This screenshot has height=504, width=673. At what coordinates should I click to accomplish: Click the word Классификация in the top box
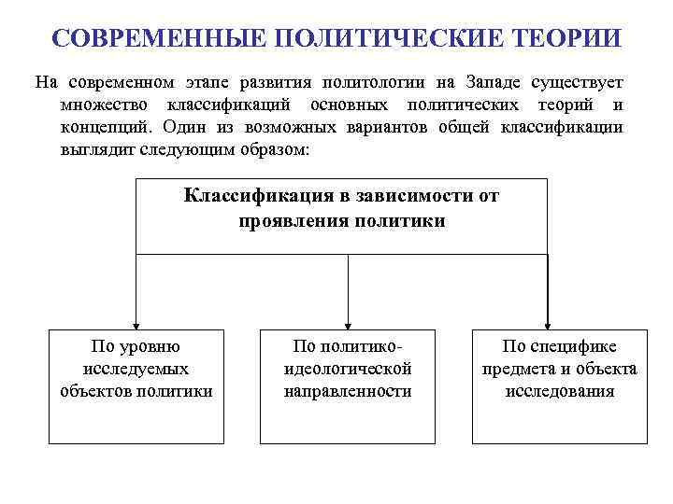point(244,196)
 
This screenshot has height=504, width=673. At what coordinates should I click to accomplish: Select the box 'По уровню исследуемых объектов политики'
point(136,385)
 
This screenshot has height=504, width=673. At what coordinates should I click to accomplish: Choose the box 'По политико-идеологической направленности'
point(348,385)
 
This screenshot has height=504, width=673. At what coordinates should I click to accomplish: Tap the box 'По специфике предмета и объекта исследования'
point(559,385)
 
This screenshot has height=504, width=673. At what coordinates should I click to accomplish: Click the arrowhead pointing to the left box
point(136,323)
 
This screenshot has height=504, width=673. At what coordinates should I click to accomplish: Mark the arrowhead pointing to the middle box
point(348,323)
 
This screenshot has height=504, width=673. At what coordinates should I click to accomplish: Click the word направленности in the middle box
point(348,392)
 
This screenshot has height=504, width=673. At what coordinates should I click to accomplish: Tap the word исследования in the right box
point(559,392)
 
